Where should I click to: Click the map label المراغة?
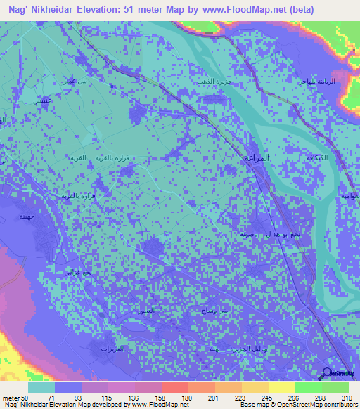[258, 157]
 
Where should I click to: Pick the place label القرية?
[82, 159]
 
